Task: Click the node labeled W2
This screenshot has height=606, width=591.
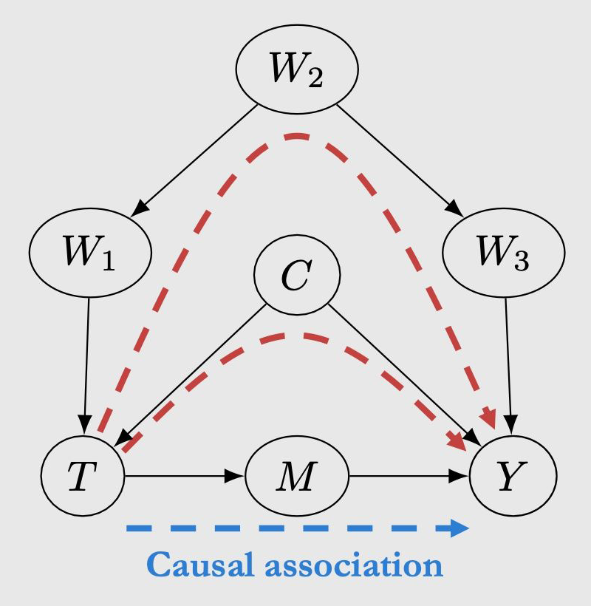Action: click(x=297, y=70)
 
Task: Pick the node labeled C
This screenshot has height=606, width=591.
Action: click(x=297, y=276)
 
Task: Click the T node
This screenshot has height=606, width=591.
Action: click(x=82, y=477)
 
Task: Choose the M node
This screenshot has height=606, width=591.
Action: click(x=297, y=477)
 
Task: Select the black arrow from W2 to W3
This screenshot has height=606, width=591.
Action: click(x=399, y=158)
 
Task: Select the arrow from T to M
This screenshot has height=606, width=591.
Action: click(x=185, y=477)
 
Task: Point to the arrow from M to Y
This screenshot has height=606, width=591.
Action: click(x=410, y=477)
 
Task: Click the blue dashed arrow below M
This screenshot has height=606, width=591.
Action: click(x=297, y=528)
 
